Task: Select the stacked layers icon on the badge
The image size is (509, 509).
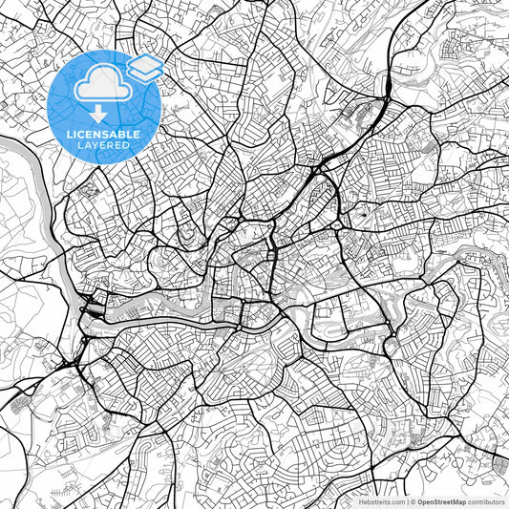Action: (x=144, y=68)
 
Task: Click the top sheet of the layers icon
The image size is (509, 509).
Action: (x=144, y=62)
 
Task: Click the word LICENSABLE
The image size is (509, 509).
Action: (x=102, y=136)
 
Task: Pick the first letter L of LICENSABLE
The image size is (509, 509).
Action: (x=67, y=136)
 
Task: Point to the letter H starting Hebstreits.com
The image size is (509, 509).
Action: (x=361, y=501)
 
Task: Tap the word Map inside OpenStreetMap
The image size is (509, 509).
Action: (x=459, y=501)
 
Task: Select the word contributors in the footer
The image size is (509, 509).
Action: (x=486, y=501)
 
